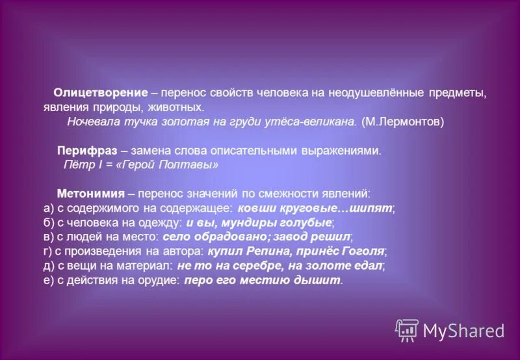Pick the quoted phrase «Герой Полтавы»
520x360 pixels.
click(x=178, y=165)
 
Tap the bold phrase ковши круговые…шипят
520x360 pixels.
click(x=316, y=209)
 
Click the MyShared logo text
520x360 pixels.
click(x=463, y=331)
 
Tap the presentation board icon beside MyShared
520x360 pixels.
click(x=407, y=330)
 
